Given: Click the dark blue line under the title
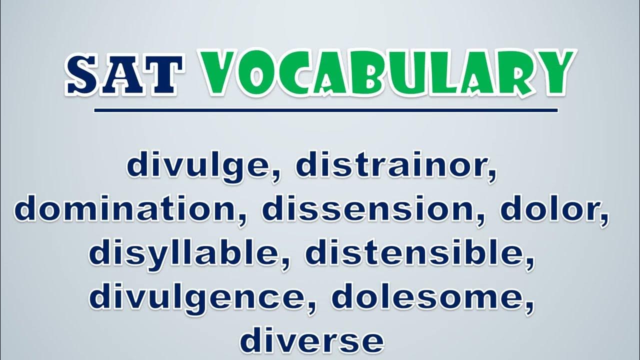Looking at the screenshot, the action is tap(326, 110).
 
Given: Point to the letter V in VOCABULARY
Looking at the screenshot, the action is tap(220, 73).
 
